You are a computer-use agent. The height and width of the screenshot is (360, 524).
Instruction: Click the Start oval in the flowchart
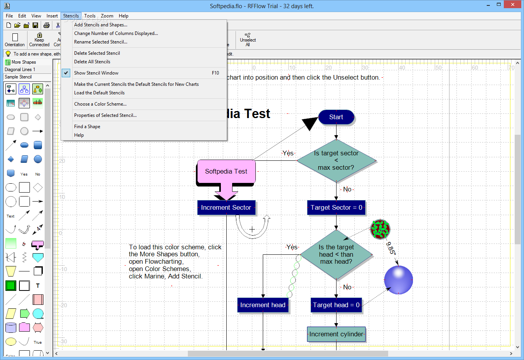click(x=336, y=117)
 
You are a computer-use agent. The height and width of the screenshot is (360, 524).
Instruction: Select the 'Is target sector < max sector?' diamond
click(x=336, y=160)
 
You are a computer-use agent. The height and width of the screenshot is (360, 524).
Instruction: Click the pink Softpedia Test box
click(x=226, y=171)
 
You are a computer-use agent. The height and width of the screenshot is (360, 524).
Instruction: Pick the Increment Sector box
click(x=226, y=207)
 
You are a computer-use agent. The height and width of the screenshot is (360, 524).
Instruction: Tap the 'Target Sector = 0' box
click(x=336, y=207)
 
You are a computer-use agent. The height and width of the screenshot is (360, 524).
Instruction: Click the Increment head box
click(x=263, y=305)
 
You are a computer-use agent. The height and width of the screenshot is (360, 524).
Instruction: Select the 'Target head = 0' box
click(x=336, y=305)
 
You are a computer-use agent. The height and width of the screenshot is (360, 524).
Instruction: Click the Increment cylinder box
click(x=336, y=334)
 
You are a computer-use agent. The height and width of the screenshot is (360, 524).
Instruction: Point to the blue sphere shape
click(x=398, y=280)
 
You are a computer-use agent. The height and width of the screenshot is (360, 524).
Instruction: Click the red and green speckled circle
click(x=380, y=229)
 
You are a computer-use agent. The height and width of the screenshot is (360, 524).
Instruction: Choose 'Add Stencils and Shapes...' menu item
click(x=101, y=25)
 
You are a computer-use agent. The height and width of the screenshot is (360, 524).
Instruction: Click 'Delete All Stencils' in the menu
click(x=92, y=62)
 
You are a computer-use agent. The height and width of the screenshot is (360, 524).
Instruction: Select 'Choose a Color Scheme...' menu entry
click(x=100, y=104)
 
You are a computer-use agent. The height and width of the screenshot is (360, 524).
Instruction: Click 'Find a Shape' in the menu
click(x=87, y=127)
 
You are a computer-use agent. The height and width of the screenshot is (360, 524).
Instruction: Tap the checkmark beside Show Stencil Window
click(x=66, y=73)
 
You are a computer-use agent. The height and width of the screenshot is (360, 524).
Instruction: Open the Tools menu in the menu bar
click(x=90, y=16)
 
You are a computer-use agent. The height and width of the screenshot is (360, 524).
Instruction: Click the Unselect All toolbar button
click(x=248, y=40)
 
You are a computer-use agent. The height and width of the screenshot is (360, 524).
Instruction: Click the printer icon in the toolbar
click(x=47, y=25)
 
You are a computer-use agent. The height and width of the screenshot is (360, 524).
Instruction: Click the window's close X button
click(x=513, y=5)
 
